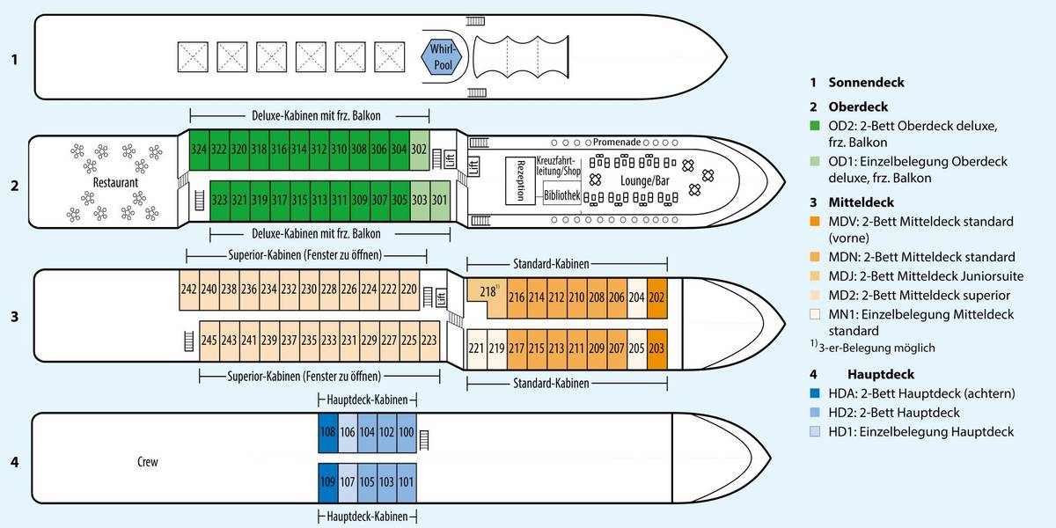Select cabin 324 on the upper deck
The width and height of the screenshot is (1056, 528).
[199, 150]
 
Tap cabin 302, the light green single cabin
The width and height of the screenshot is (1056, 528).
[420, 150]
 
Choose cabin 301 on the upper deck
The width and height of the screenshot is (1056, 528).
[439, 199]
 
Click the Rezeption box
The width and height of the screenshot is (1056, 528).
[520, 180]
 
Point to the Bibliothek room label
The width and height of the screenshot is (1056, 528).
[561, 195]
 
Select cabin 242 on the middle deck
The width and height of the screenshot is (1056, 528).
[188, 289]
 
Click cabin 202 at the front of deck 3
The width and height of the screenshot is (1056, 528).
[656, 297]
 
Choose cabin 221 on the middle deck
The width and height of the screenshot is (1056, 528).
[476, 348]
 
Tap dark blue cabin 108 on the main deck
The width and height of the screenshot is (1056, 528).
[327, 432]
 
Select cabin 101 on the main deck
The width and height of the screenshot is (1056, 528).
[406, 481]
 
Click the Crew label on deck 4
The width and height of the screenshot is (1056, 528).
[148, 462]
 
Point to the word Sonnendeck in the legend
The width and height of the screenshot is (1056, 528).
[866, 83]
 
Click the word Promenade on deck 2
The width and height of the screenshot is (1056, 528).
[616, 142]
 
